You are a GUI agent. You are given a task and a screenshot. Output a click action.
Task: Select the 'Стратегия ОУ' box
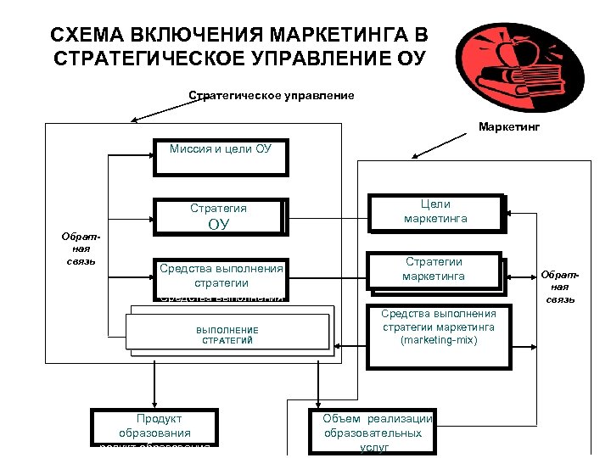219,216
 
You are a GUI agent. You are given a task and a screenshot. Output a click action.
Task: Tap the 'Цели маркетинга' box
435,212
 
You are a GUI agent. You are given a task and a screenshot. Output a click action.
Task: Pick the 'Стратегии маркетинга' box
434,269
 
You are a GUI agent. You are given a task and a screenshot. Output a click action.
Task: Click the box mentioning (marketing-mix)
439,327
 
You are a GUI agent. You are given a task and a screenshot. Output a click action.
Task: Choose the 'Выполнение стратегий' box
227,332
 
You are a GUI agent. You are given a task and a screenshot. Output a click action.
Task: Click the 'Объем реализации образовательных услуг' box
373,431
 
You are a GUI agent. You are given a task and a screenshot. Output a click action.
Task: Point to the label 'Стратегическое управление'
271,95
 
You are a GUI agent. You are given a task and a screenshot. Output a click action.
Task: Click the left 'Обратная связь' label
81,248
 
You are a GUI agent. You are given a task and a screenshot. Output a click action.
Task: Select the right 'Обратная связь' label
561,287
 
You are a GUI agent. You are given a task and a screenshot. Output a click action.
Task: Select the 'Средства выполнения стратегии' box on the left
221,276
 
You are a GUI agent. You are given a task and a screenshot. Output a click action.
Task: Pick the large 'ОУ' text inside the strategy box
219,225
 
